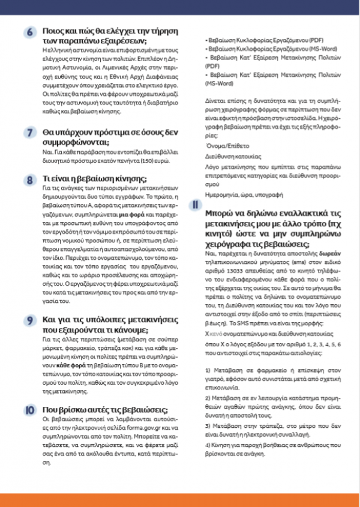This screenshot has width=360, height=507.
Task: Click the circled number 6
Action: (29, 32)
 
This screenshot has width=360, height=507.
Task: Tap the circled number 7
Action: (29, 131)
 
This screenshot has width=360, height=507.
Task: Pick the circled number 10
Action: (29, 410)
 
